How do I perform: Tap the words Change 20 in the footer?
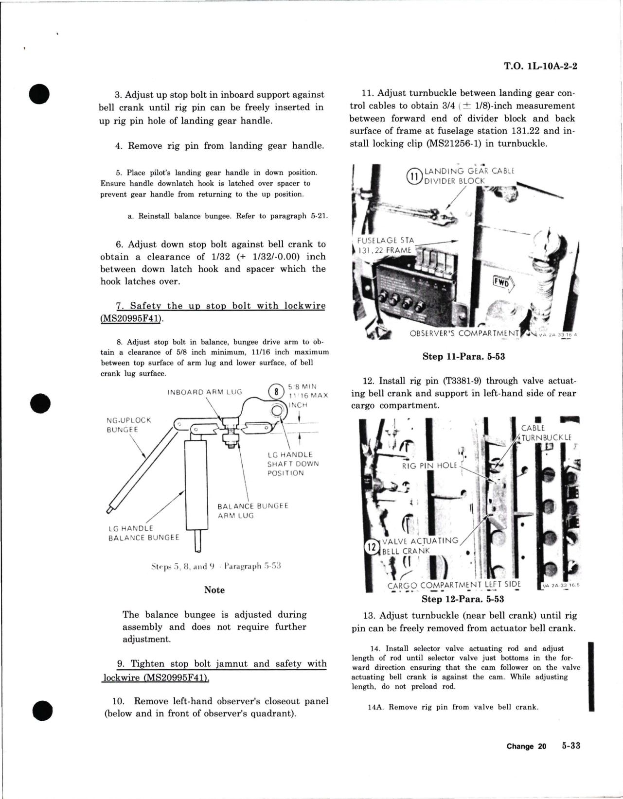(526, 747)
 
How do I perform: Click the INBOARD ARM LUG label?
(204, 392)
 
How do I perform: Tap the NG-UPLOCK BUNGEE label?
(129, 425)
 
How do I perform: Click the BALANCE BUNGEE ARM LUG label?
(252, 510)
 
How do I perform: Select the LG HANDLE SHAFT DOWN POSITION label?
(293, 464)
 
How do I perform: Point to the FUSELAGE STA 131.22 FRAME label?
(384, 245)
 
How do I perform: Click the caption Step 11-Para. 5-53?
(463, 356)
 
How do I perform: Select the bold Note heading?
(214, 590)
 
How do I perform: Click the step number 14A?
(375, 707)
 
